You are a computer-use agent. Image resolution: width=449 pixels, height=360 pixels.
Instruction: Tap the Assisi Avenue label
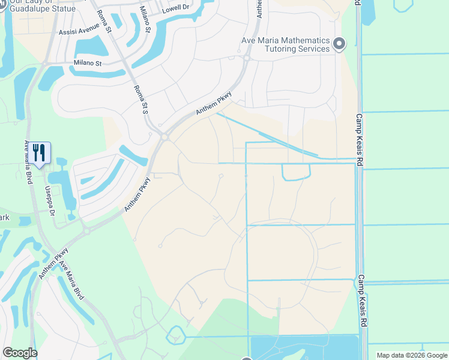79,33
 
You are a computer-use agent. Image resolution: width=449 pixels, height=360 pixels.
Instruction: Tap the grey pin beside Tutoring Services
339,44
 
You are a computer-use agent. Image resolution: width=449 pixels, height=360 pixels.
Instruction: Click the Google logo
20,353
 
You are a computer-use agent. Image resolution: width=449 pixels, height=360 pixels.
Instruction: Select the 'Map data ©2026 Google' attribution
412,355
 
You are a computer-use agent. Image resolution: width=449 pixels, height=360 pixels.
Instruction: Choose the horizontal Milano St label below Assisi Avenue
88,62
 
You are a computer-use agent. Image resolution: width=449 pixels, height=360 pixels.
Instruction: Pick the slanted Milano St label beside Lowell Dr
146,15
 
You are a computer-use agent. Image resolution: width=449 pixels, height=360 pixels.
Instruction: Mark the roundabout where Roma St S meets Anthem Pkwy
164,137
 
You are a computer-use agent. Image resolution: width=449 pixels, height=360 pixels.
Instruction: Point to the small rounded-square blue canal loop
296,172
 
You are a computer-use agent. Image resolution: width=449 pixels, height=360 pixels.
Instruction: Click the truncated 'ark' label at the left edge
5,217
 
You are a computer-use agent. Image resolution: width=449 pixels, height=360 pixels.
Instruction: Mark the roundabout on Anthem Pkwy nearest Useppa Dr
86,229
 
